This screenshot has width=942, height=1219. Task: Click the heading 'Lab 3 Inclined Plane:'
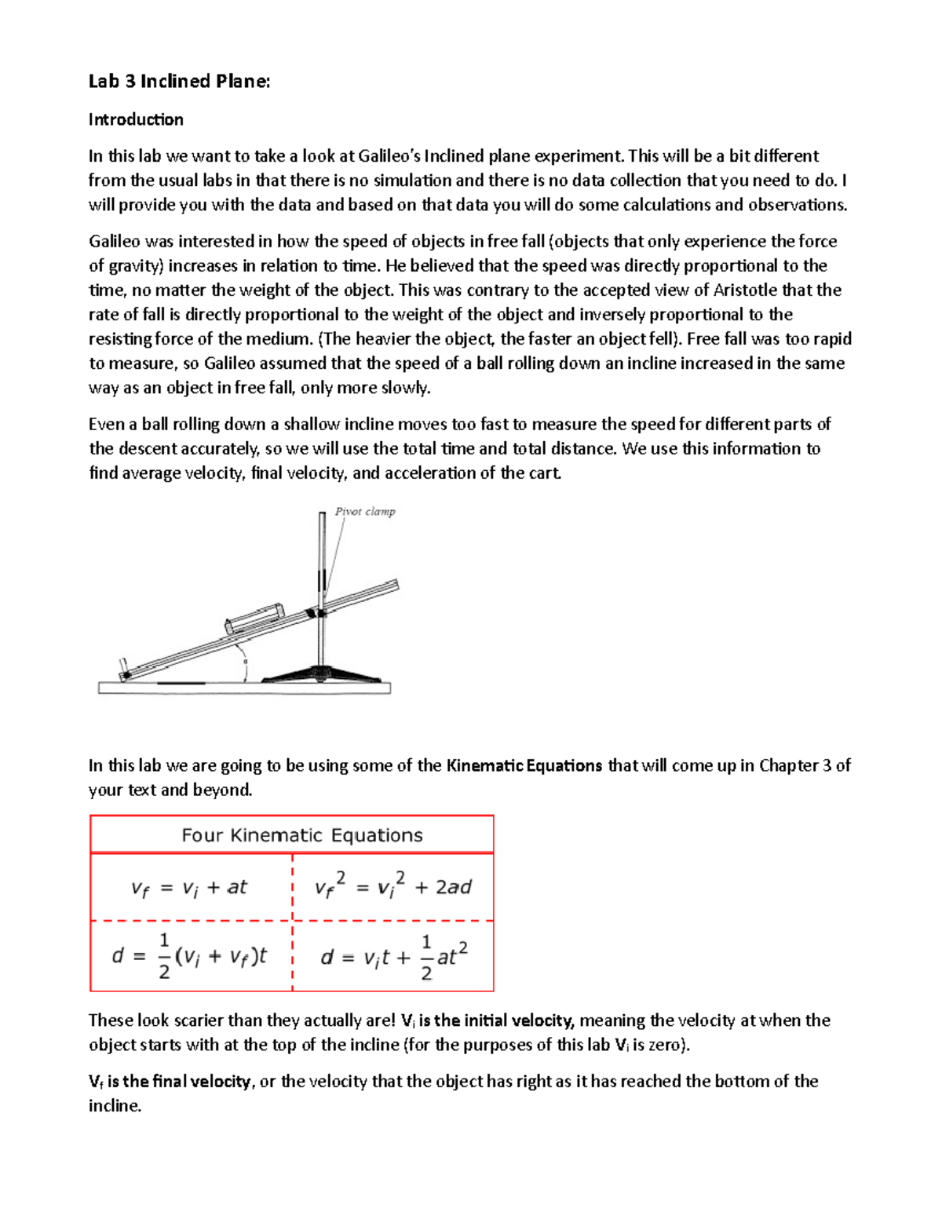tap(179, 81)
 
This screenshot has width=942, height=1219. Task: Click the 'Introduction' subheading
tap(136, 119)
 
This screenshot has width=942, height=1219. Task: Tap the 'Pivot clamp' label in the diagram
tap(365, 512)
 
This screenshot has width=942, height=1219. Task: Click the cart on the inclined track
tap(254, 618)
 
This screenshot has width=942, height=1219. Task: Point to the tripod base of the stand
tap(321, 674)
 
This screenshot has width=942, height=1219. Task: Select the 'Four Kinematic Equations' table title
tap(302, 835)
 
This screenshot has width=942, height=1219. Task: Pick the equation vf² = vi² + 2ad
tap(392, 887)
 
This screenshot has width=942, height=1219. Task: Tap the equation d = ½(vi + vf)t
tap(189, 956)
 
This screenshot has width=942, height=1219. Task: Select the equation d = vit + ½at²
tap(394, 956)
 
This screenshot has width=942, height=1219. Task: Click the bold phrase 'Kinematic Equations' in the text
tap(524, 765)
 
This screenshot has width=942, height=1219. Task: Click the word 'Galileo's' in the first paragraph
tap(382, 155)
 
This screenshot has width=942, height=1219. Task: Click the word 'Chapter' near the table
tap(787, 765)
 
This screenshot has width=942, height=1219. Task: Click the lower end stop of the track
tap(124, 672)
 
